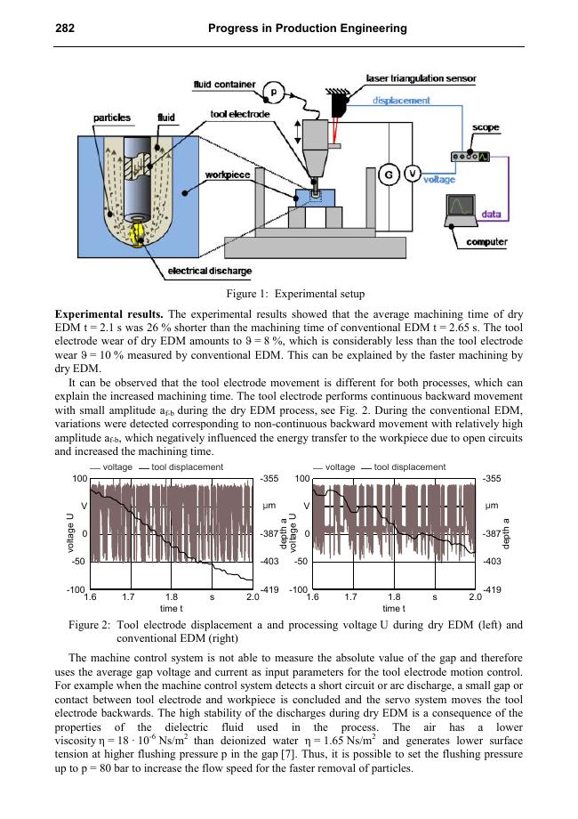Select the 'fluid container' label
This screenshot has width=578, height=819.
pos(225,85)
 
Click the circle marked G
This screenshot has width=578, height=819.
pos(388,174)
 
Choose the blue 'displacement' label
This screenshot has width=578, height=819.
pos(402,101)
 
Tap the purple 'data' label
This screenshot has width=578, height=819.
pos(490,215)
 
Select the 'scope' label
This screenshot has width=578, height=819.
pos(486,128)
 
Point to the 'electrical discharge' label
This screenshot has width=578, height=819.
pos(210,271)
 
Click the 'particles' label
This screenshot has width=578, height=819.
pos(113,118)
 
